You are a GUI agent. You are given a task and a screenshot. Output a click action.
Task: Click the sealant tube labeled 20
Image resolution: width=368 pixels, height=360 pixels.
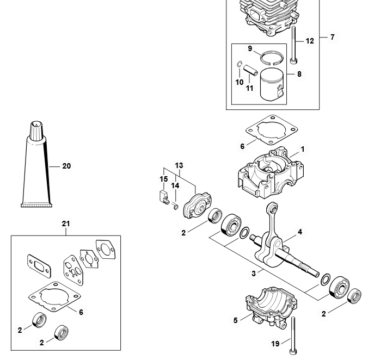tap(36, 169)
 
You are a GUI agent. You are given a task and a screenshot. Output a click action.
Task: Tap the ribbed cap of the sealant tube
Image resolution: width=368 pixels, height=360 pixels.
tap(36, 131)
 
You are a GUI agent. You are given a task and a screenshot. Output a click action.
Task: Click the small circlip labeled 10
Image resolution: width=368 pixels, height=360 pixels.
tap(239, 64)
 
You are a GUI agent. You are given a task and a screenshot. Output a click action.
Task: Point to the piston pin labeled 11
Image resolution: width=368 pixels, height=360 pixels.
tap(250, 70)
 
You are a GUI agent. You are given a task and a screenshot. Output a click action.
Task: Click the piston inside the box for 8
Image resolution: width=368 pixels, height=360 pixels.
tap(272, 85)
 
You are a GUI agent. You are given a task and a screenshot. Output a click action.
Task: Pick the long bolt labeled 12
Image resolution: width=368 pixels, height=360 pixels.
tap(293, 45)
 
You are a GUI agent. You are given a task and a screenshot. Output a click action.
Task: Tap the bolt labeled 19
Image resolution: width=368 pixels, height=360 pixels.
tap(293, 336)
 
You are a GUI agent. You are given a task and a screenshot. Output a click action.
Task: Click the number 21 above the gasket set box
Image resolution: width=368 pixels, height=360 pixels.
tap(66, 224)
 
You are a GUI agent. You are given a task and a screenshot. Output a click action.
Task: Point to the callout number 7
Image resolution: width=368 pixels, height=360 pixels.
tap(332, 38)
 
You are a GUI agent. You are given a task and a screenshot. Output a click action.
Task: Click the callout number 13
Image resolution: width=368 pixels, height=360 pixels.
tap(179, 165)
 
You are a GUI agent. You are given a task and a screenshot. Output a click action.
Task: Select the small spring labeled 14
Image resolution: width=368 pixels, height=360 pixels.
tap(175, 206)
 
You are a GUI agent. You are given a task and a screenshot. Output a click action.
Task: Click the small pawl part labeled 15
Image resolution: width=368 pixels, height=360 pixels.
tap(163, 197)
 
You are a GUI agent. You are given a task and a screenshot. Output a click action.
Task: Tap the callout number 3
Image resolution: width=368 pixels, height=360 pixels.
tap(254, 274)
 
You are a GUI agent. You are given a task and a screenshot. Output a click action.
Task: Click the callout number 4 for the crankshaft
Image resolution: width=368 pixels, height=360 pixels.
tap(300, 232)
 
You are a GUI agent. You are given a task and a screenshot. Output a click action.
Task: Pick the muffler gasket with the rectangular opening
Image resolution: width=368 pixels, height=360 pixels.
tap(39, 266)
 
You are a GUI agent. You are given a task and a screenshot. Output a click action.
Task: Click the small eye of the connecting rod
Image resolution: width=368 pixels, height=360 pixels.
tap(273, 208)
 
